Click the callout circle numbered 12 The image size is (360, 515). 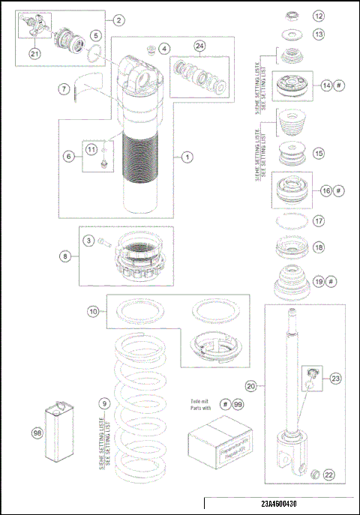click(319, 16)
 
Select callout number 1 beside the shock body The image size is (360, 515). click(187, 157)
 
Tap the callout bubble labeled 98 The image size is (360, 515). click(37, 433)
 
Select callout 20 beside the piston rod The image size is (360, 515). click(251, 386)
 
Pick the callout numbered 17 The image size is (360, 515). click(319, 222)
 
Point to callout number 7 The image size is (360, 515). click(64, 88)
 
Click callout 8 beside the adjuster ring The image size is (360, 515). click(66, 256)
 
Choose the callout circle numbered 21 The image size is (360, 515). click(35, 53)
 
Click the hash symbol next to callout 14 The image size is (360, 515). click(339, 85)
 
